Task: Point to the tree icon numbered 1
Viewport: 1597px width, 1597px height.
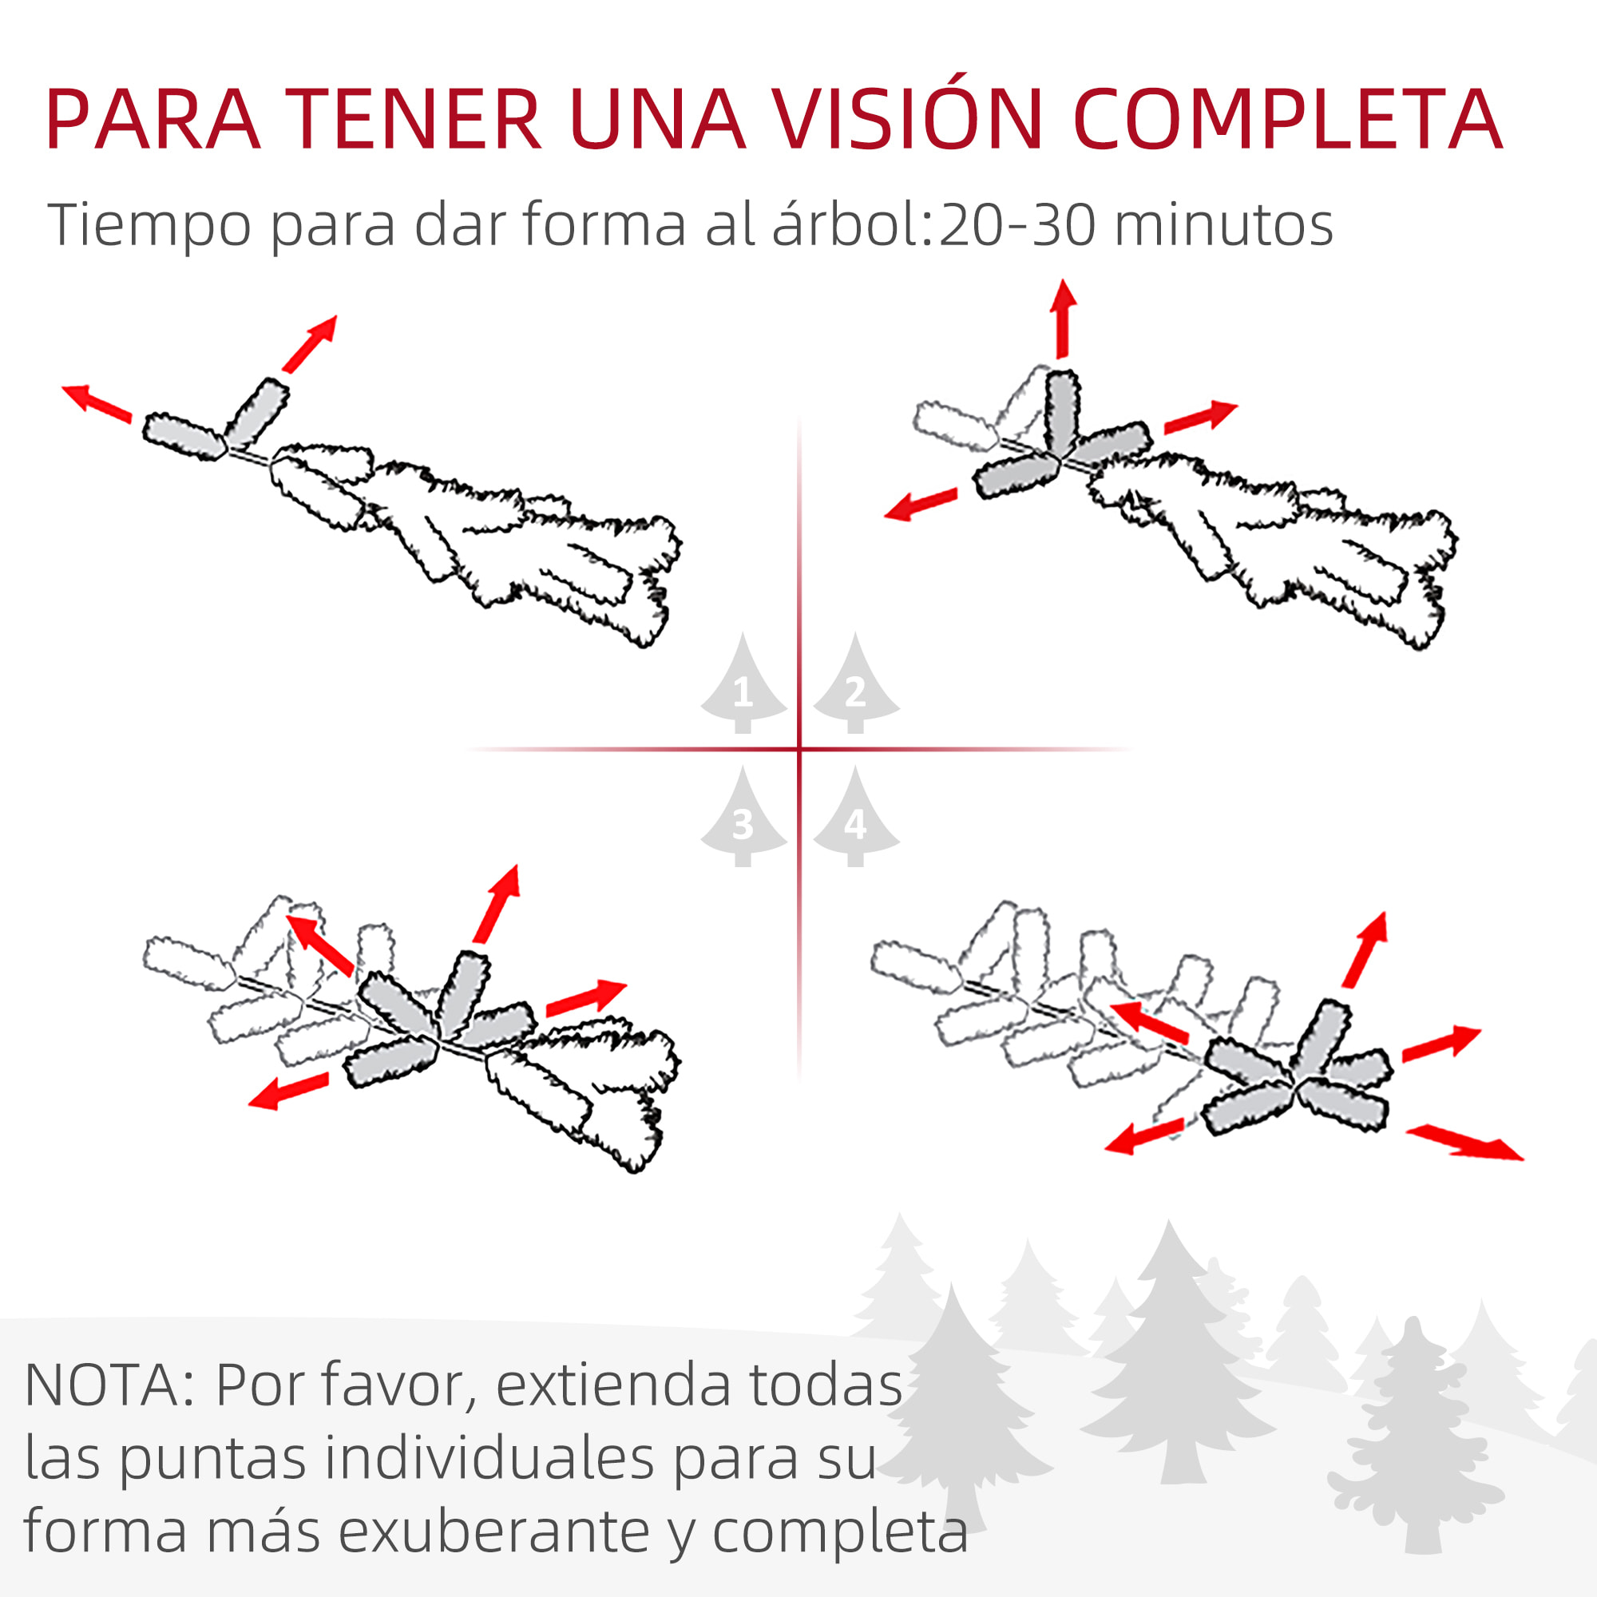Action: point(743,686)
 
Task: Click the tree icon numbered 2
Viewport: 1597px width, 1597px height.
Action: point(855,686)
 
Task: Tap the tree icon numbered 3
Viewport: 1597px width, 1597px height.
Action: point(743,819)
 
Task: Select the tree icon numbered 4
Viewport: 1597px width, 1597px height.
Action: point(855,819)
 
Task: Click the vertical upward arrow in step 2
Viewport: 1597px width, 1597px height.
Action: point(1062,319)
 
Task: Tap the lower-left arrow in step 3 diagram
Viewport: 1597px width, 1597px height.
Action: point(288,1090)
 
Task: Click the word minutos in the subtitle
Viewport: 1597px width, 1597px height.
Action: point(1223,225)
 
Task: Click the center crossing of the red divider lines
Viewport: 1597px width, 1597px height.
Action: point(799,749)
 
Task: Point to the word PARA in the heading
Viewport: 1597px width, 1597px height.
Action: point(154,120)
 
